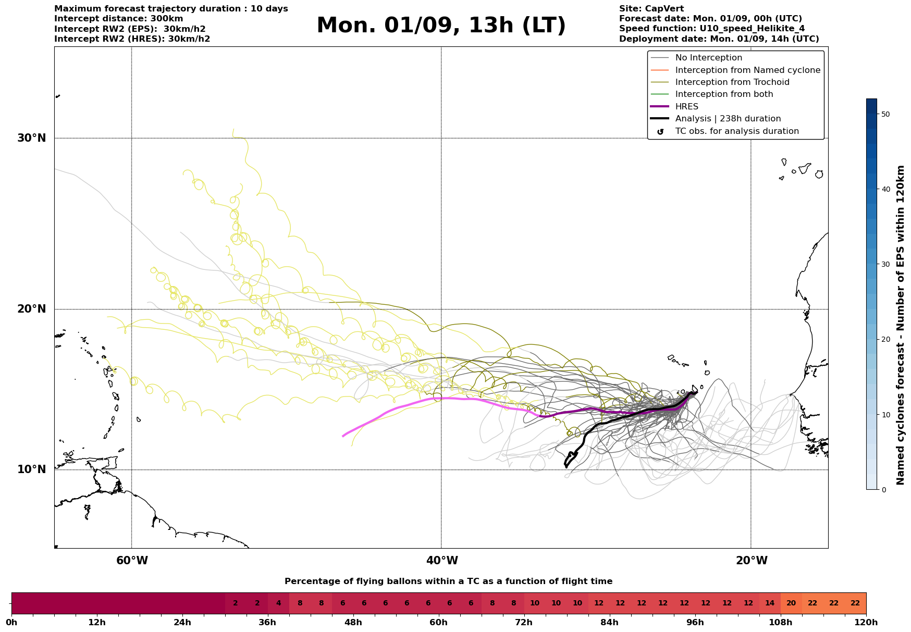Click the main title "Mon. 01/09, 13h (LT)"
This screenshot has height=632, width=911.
(x=441, y=26)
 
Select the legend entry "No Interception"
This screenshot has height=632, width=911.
(x=708, y=58)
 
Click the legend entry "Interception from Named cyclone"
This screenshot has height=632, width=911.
(x=747, y=70)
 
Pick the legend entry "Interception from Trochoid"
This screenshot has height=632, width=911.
(x=732, y=82)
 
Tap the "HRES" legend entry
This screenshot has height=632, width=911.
(x=686, y=107)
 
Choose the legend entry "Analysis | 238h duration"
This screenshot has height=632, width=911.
(x=728, y=119)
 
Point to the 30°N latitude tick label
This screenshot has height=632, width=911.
(x=32, y=138)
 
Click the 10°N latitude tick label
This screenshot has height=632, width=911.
(x=32, y=469)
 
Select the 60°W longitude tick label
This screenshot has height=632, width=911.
(x=132, y=561)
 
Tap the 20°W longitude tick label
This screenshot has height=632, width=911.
(x=751, y=561)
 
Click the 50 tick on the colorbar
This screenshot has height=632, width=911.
(x=885, y=114)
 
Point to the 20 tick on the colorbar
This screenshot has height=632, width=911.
(x=885, y=339)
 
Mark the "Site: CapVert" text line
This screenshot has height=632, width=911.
(x=651, y=9)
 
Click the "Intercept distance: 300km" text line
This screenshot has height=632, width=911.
(x=119, y=19)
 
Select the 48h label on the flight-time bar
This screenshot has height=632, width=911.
(x=353, y=622)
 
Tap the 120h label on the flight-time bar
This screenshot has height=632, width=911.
(x=866, y=622)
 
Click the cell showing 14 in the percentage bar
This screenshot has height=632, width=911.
(x=770, y=603)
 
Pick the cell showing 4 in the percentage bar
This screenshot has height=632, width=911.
(x=278, y=603)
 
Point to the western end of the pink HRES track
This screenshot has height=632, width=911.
(x=343, y=436)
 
